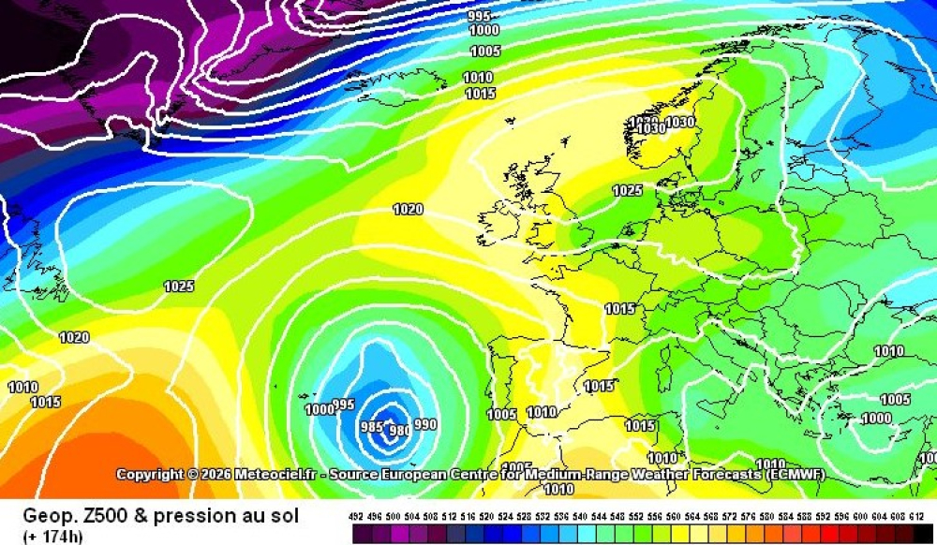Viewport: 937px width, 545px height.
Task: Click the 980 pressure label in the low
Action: click(x=398, y=430)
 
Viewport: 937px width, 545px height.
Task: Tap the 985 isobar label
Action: click(x=372, y=427)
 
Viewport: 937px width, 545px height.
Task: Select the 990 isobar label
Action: click(x=425, y=424)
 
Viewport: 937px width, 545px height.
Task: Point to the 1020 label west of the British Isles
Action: click(x=408, y=210)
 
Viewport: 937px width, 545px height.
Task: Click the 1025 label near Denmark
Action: click(x=628, y=191)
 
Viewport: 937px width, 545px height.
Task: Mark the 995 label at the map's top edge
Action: click(x=479, y=16)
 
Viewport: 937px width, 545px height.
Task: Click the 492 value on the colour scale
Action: click(x=356, y=516)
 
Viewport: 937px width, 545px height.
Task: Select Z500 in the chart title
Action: click(x=105, y=516)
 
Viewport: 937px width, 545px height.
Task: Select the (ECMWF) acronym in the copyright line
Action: click(x=795, y=475)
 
